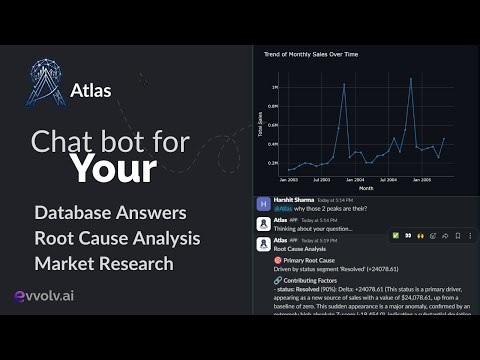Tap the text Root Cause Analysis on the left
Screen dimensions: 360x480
click(117, 238)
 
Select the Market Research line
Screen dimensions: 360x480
click(104, 263)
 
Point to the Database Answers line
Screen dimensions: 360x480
click(110, 212)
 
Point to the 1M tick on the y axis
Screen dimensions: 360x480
click(274, 87)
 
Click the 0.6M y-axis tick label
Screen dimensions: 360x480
click(273, 124)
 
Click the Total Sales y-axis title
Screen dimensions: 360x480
click(260, 125)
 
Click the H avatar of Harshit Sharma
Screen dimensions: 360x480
click(262, 204)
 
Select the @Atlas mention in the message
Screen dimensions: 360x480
click(281, 208)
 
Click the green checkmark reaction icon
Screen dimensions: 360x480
click(397, 236)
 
